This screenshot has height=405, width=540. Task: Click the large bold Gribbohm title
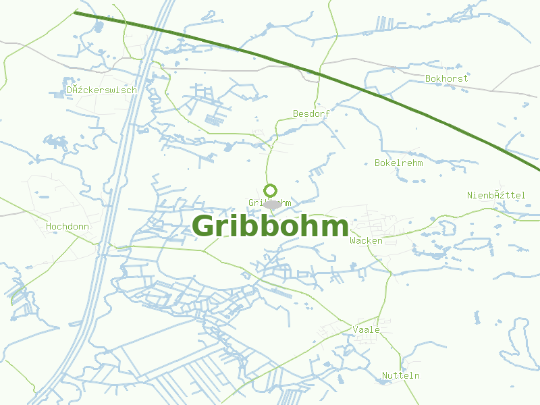tap(270, 226)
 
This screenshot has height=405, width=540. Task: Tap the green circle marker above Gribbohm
tap(271, 190)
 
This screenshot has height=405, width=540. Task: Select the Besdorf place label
tap(311, 114)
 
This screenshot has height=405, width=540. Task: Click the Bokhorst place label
tap(446, 79)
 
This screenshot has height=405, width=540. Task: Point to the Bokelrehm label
tap(398, 163)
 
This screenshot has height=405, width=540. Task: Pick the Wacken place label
tap(366, 241)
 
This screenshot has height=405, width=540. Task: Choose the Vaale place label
tap(366, 329)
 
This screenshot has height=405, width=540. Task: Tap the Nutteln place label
tap(401, 375)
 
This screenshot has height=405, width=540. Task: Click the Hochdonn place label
tap(67, 227)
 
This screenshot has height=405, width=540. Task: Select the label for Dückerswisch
tap(101, 90)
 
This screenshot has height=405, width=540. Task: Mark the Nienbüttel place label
tap(496, 195)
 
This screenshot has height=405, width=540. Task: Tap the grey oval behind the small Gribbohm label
tap(272, 204)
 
